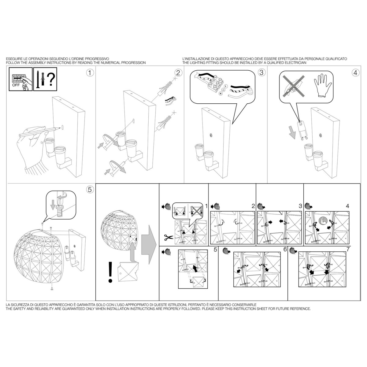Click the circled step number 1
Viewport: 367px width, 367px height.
click(x=90, y=73)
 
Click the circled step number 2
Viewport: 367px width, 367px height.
click(x=178, y=73)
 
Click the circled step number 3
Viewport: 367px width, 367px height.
click(x=261, y=72)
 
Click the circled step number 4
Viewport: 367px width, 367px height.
click(x=356, y=73)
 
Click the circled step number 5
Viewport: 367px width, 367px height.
click(x=90, y=190)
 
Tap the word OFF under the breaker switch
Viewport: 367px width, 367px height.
click(x=16, y=85)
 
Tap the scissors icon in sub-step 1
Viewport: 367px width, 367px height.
click(x=169, y=238)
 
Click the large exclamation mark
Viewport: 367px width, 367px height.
click(x=110, y=272)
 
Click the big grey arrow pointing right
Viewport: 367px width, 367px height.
click(x=149, y=245)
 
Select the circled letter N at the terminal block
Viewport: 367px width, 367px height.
click(x=221, y=94)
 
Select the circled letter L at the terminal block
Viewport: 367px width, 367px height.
click(x=226, y=86)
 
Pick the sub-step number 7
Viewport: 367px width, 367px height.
click(x=348, y=250)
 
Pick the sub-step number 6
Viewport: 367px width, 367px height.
click(x=285, y=250)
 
